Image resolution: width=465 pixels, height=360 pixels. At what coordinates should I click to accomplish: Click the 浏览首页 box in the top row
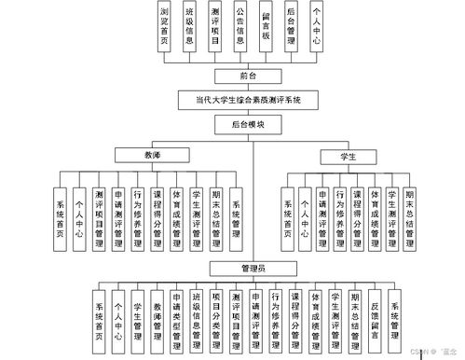click(165, 27)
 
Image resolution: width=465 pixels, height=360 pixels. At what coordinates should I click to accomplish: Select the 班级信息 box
click(190, 27)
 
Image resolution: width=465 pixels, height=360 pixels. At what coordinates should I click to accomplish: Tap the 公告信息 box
click(240, 27)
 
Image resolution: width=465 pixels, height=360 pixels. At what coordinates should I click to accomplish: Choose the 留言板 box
click(266, 27)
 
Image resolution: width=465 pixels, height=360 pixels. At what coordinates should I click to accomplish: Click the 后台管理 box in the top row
click(291, 27)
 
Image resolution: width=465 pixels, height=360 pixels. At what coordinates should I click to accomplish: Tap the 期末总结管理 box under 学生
click(409, 216)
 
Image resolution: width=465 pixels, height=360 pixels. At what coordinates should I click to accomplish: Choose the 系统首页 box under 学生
click(288, 216)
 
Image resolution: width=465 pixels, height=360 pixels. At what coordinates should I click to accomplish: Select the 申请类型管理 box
click(177, 315)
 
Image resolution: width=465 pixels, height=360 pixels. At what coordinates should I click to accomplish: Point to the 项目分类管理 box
click(216, 315)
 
